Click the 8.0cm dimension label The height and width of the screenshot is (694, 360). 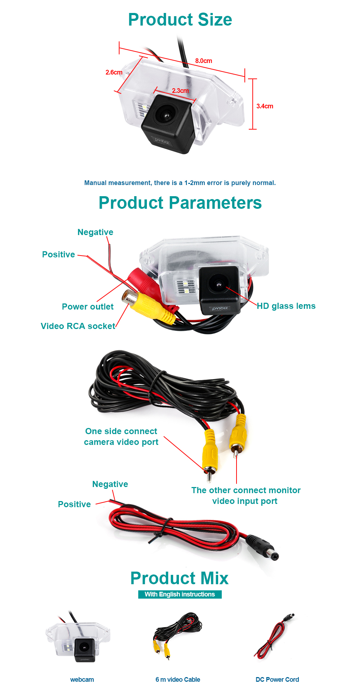203,61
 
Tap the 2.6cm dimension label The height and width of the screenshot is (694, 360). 114,72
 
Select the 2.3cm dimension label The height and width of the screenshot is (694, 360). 180,91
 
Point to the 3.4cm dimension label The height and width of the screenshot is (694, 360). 265,106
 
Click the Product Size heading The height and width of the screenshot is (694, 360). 180,19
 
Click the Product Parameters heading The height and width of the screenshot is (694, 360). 180,203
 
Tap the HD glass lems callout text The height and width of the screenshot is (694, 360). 286,306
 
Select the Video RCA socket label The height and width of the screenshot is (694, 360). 78,326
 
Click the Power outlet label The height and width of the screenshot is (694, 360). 87,307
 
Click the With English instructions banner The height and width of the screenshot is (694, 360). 180,594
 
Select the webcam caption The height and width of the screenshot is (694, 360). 82,680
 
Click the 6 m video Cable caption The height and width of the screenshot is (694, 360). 178,680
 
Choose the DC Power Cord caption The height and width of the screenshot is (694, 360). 277,680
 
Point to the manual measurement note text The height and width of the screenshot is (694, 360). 180,183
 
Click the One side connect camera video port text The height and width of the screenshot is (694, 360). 121,437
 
